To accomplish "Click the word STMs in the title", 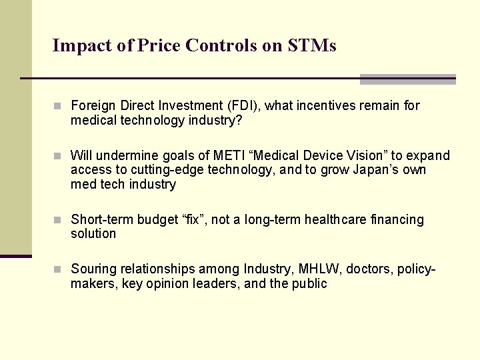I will coord(312,45).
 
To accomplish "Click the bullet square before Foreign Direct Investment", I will coord(58,106).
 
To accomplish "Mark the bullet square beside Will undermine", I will coord(58,156).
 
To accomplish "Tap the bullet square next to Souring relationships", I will coord(58,269).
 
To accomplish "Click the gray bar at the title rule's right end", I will coord(407,79).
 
